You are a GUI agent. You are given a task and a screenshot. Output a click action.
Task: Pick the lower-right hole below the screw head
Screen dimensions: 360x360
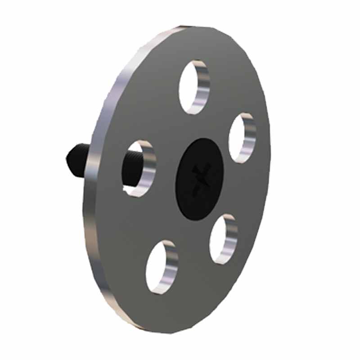(223, 239)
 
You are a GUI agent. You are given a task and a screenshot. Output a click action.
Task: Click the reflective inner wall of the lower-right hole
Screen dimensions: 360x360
(232, 238)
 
